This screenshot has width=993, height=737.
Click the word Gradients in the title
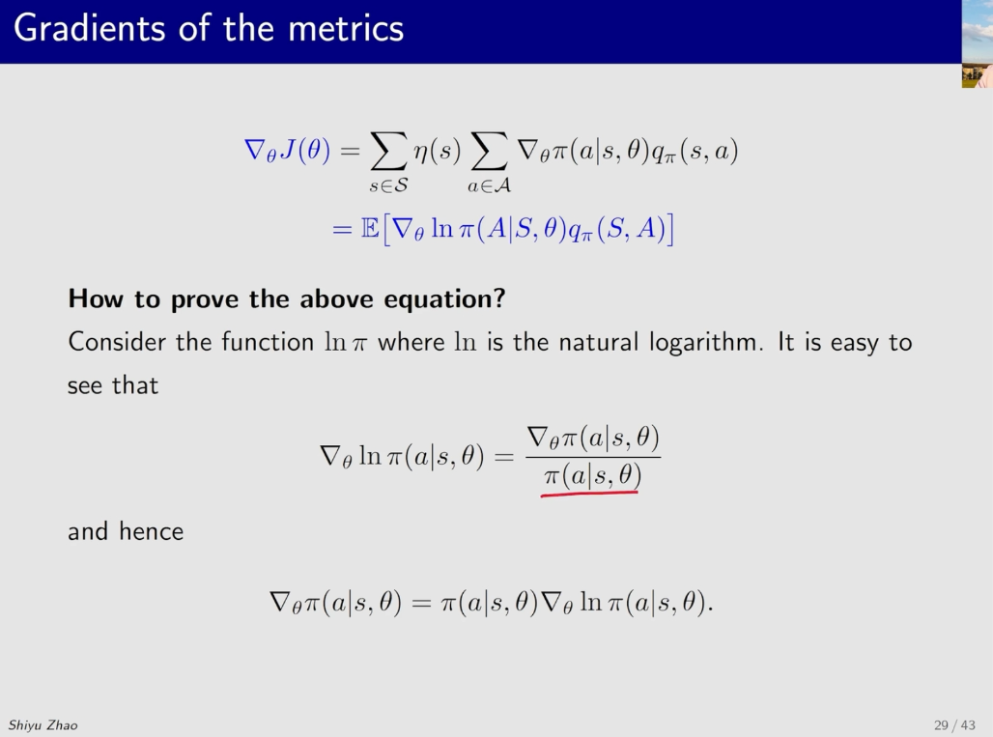click(91, 28)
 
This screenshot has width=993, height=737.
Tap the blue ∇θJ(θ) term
click(287, 151)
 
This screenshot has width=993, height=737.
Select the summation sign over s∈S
click(388, 151)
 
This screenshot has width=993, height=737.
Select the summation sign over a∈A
click(489, 151)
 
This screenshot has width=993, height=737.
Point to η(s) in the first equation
click(437, 151)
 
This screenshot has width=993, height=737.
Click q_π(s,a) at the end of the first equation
click(695, 152)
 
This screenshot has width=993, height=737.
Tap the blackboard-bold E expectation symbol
click(371, 228)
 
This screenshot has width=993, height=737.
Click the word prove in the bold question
click(206, 299)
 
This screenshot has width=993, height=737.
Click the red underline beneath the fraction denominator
click(589, 493)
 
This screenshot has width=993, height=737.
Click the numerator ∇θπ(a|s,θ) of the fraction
click(593, 438)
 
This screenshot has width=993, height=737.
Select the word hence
click(152, 531)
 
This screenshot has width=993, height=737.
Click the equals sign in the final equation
click(421, 602)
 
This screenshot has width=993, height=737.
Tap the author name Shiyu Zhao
click(43, 725)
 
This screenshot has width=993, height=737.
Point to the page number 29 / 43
click(954, 725)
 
